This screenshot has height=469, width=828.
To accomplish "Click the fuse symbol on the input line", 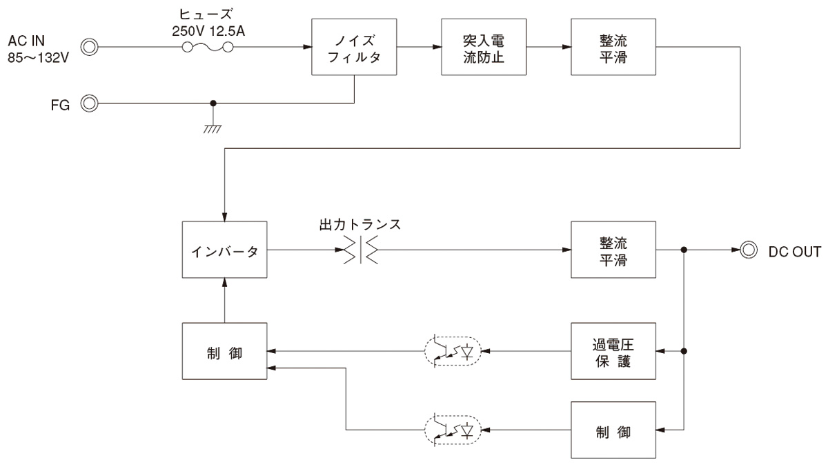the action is (208, 47).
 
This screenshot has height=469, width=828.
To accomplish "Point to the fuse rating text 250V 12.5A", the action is (208, 31).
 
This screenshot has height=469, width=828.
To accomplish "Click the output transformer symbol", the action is (361, 250).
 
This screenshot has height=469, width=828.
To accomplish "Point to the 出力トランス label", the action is (360, 224).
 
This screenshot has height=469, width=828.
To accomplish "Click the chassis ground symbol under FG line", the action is (213, 129).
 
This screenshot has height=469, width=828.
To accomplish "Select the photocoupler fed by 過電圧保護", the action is (453, 351).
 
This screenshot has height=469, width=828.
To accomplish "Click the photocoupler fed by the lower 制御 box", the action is (453, 430).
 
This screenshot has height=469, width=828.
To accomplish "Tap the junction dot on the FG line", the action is (213, 103).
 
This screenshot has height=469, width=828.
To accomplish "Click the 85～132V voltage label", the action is (39, 58).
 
